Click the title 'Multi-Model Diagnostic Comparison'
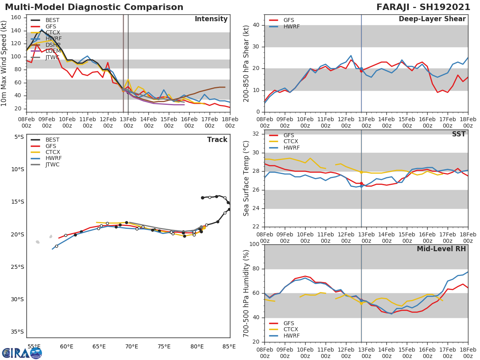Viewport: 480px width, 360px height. [94, 7]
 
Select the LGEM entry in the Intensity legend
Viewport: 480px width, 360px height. [53, 51]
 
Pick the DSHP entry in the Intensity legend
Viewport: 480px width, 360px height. [53, 45]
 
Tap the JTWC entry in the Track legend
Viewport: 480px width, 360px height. [53, 165]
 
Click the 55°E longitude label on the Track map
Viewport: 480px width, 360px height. [34, 346]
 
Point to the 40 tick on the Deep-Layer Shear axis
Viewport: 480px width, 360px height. [257, 25]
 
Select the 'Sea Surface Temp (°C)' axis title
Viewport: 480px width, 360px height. [246, 178]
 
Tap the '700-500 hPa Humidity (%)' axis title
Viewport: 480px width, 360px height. [246, 293]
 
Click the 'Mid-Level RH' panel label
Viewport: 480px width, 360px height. [441, 249]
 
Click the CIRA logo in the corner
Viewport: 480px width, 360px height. [22, 353]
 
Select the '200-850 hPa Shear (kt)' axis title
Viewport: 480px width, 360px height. [246, 63]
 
